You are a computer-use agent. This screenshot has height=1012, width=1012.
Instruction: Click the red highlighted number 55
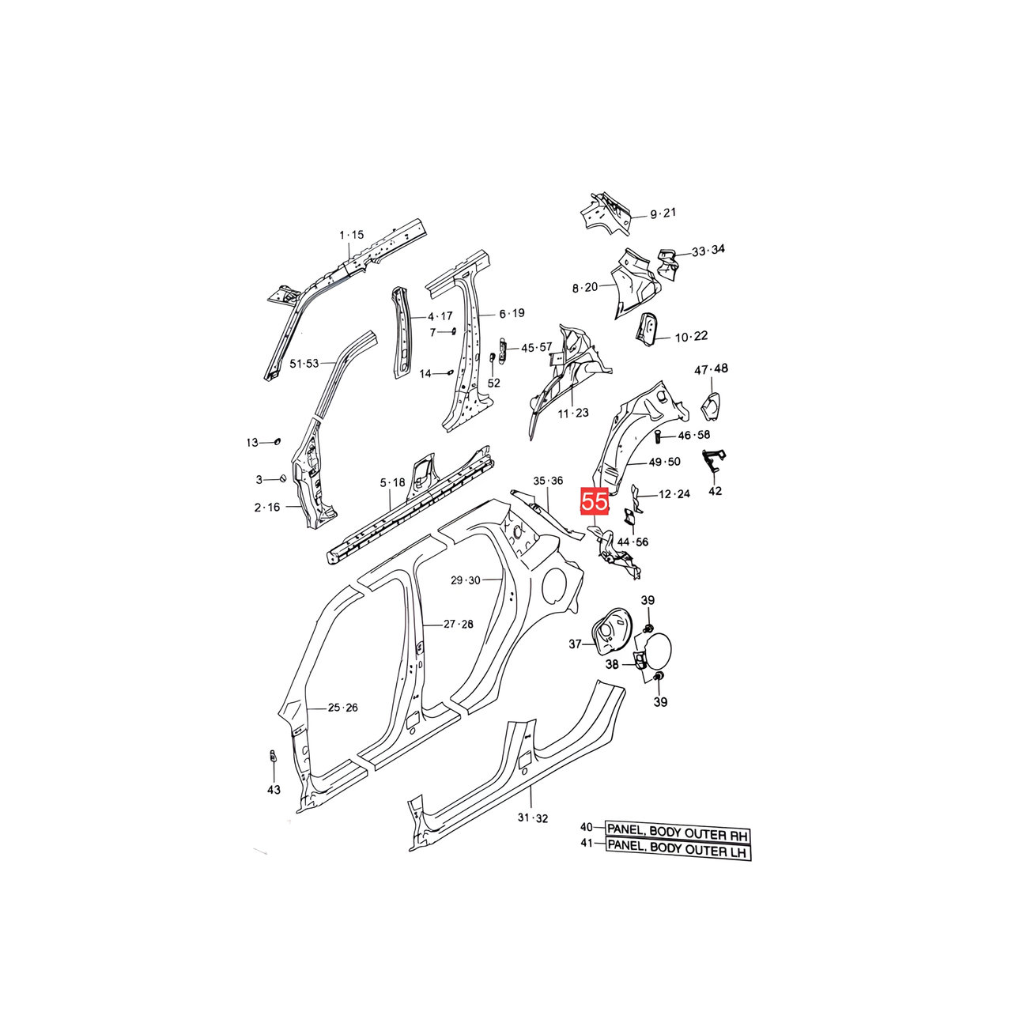pyautogui.click(x=595, y=502)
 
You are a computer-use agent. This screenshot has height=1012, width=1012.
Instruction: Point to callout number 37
pyautogui.click(x=576, y=644)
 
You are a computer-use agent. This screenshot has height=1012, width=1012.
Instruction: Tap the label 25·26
pyautogui.click(x=342, y=708)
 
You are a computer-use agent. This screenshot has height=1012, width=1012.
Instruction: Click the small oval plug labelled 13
pyautogui.click(x=278, y=441)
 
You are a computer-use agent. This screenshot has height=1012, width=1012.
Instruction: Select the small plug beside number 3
pyautogui.click(x=281, y=479)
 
